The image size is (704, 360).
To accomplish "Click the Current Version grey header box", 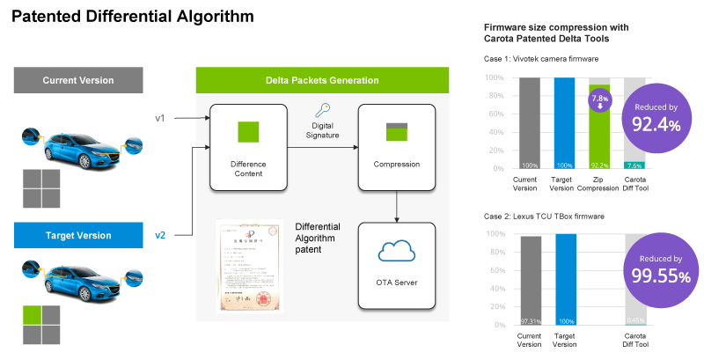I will [x=78, y=81].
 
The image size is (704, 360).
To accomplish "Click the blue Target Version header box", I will [x=78, y=235].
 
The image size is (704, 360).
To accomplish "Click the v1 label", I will [x=160, y=117].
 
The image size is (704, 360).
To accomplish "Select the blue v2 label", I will [x=160, y=235].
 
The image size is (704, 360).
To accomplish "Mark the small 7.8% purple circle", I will [x=598, y=101].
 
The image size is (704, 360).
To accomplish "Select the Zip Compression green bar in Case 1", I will [x=598, y=141].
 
